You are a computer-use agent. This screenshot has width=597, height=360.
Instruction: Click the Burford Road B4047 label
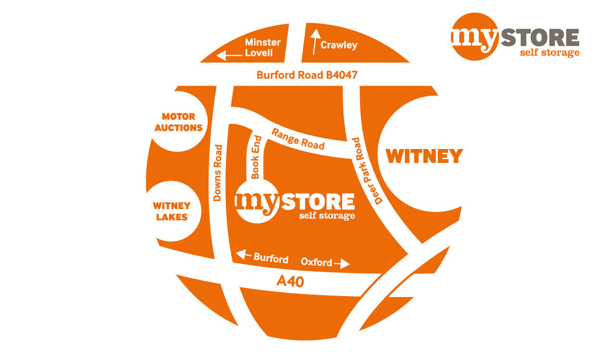(x=307, y=75)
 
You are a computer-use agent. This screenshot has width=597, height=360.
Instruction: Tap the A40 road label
(x=290, y=281)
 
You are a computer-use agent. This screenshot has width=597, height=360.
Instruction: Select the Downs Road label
(x=218, y=173)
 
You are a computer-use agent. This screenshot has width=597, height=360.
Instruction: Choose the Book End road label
(x=256, y=157)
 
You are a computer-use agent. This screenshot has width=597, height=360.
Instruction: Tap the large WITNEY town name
(x=424, y=156)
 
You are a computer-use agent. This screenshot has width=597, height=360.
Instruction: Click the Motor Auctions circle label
(x=179, y=123)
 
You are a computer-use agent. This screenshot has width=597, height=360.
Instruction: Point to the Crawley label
(x=339, y=46)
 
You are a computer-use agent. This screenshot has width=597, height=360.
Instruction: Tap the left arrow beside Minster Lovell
(x=229, y=56)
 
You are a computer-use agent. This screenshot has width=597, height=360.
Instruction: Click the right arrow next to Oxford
(x=342, y=263)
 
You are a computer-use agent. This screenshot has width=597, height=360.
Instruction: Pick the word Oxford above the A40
(x=316, y=262)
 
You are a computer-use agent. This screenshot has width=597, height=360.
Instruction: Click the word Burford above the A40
(x=271, y=258)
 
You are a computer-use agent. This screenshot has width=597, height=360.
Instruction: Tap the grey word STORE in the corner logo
(x=539, y=37)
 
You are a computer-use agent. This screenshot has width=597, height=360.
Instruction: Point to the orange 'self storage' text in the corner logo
(x=549, y=52)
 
